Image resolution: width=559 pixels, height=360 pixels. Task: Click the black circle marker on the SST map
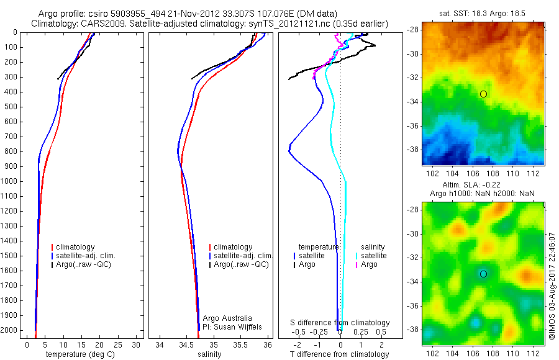pos(483,94)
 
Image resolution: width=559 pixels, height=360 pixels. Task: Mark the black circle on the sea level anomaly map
pos(483,274)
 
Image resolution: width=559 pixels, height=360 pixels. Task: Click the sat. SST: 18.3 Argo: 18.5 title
pos(483,11)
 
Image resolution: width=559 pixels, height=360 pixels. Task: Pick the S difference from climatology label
pos(340,323)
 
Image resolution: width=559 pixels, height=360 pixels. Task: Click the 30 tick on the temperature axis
pos(135,344)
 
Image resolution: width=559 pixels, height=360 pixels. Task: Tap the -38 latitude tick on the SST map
pos(412,150)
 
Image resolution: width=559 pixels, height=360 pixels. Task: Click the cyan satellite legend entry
pos(373,256)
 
